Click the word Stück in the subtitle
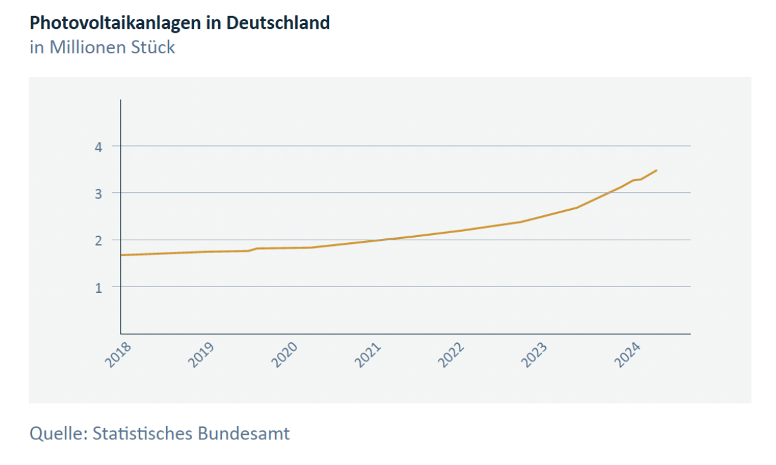(154, 48)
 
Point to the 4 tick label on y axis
(98, 146)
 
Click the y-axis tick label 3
(98, 193)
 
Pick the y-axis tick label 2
(98, 240)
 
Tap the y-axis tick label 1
(98, 287)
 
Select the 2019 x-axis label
(201, 355)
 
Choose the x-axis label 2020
(285, 355)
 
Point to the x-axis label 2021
(368, 355)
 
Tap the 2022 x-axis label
(451, 355)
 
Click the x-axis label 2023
(535, 355)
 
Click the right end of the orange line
(656, 170)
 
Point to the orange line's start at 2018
(122, 255)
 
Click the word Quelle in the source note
(57, 434)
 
